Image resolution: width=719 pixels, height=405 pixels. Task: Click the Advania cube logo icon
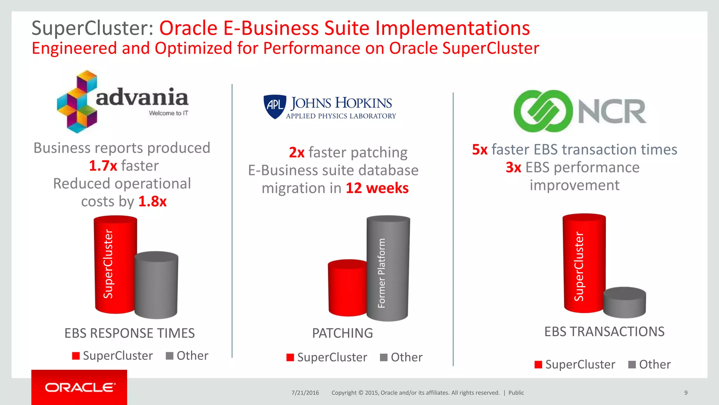click(77, 102)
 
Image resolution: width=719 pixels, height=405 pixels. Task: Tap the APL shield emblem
click(275, 106)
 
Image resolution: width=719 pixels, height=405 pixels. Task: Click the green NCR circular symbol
click(543, 111)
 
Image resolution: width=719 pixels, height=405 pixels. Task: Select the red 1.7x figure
click(103, 166)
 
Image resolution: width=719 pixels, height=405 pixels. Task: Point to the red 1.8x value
click(152, 202)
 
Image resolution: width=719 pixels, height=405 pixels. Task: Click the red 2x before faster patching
click(297, 153)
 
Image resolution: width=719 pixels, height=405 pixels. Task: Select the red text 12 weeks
click(377, 188)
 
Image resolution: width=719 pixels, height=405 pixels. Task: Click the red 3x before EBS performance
click(513, 168)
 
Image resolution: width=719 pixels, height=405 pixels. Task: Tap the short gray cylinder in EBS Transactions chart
click(625, 303)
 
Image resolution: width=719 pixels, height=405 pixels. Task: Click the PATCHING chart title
click(342, 333)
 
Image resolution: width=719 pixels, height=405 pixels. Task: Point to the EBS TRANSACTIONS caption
click(604, 332)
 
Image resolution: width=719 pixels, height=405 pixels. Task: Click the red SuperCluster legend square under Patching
click(290, 358)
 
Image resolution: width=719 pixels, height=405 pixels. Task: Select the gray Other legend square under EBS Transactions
click(632, 365)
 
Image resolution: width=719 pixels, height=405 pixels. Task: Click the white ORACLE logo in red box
click(80, 387)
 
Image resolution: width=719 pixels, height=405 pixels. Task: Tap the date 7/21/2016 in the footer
click(305, 393)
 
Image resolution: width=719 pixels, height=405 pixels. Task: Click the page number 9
click(686, 393)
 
